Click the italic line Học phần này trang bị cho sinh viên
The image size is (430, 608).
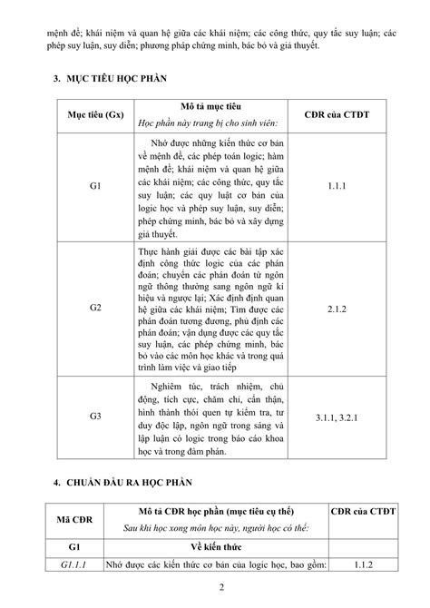[211, 123]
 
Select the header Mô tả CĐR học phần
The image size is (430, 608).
[211, 510]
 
